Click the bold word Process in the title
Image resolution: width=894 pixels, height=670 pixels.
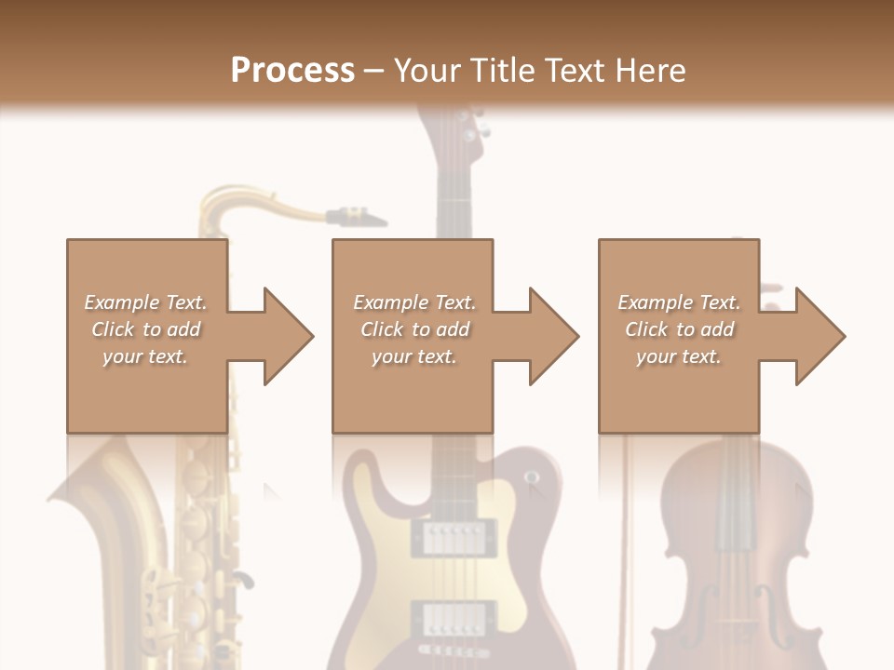pos(292,70)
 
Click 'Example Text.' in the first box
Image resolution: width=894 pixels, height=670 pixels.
pos(146,302)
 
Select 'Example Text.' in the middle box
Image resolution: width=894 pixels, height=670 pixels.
pos(414,302)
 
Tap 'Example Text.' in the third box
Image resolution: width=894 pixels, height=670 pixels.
pos(679,302)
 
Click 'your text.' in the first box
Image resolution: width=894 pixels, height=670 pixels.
pos(145,356)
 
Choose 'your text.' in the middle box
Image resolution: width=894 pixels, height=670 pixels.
pos(413,356)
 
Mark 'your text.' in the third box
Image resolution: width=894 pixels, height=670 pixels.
pos(679,356)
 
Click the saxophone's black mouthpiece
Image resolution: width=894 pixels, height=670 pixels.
pos(359,218)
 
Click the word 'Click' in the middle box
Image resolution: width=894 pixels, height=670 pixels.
pos(382,329)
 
